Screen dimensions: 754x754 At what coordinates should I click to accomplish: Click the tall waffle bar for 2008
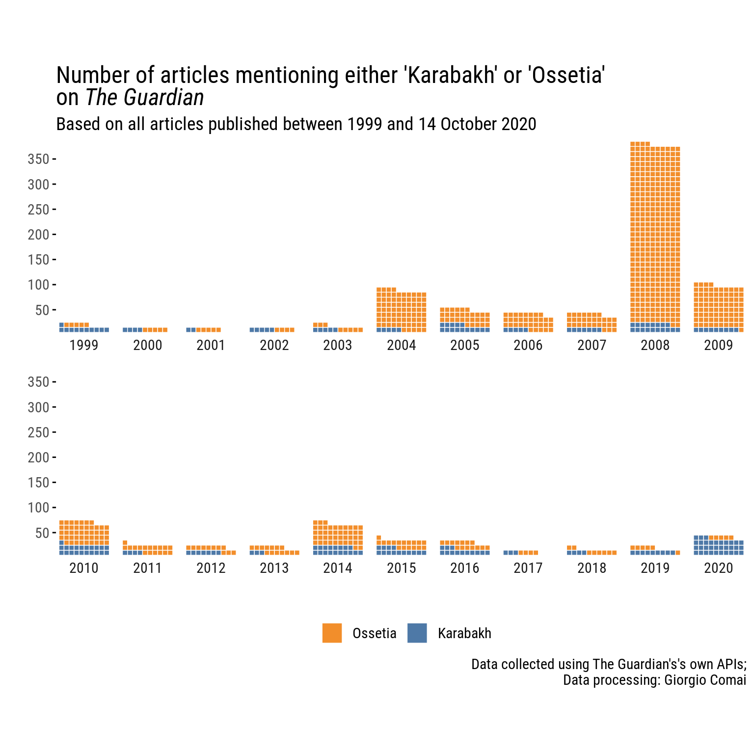[x=655, y=236]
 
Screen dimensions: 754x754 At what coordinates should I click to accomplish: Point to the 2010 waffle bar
[x=84, y=539]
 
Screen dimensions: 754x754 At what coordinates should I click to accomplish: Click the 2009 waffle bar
[x=719, y=309]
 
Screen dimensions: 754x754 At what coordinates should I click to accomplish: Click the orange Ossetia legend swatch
[x=332, y=633]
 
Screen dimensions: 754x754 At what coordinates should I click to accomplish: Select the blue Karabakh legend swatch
[x=417, y=633]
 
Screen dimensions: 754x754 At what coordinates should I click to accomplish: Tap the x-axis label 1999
[x=84, y=346]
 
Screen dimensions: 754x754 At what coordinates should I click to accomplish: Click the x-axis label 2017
[x=528, y=568]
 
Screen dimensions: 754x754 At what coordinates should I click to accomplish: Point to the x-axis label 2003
[x=338, y=346]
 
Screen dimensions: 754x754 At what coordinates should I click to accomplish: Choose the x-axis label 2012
[x=211, y=568]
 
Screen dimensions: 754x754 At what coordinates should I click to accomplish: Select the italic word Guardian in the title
[x=164, y=98]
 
